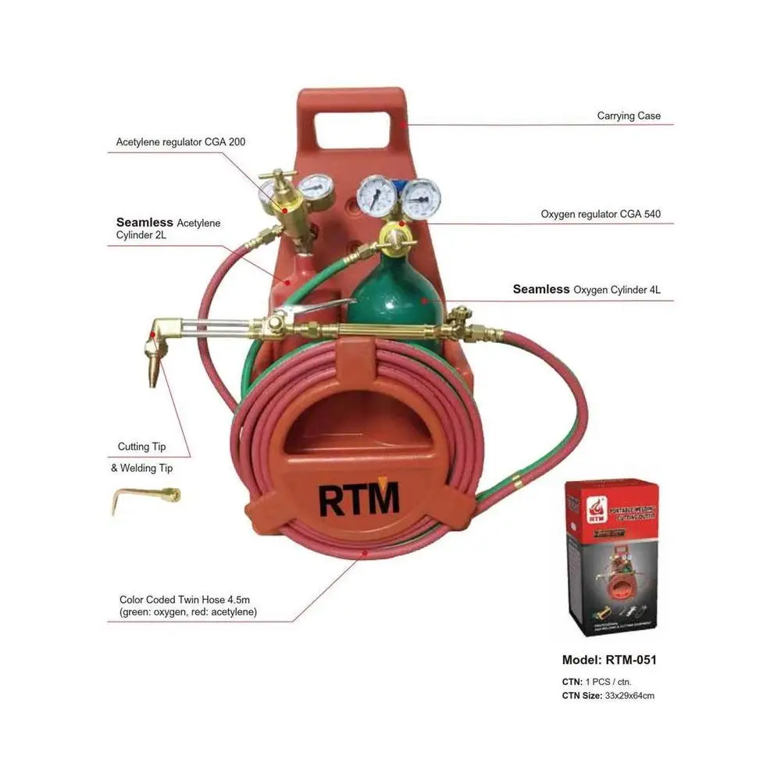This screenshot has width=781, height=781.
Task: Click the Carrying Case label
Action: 629,116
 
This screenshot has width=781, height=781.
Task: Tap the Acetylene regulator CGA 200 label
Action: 174,142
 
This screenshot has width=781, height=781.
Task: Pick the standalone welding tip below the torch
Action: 146,498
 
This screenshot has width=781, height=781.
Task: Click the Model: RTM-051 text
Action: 609,660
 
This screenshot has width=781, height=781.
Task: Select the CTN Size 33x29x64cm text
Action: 608,695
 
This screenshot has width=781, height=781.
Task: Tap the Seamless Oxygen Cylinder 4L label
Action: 587,290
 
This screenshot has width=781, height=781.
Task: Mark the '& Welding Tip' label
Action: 141,469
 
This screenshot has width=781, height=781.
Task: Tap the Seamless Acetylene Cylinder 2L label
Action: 168,229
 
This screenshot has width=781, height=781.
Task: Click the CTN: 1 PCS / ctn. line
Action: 597,682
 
